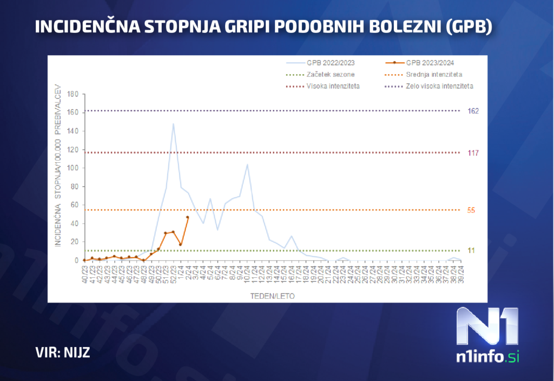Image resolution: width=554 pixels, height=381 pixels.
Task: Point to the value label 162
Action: pos(474,111)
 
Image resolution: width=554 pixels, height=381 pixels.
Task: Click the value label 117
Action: pos(474,153)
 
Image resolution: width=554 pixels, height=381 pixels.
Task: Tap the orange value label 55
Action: pos(471,210)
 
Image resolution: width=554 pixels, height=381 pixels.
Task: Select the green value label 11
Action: pos(471,250)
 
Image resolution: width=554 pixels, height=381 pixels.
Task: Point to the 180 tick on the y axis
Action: pos(73,95)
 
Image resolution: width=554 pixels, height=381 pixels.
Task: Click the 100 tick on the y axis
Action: pos(73,168)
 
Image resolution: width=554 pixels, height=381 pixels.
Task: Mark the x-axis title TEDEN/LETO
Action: pos(273,296)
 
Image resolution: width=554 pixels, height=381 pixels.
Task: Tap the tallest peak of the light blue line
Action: pos(173,124)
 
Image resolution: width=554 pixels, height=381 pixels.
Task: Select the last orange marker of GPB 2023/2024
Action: pos(188,217)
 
